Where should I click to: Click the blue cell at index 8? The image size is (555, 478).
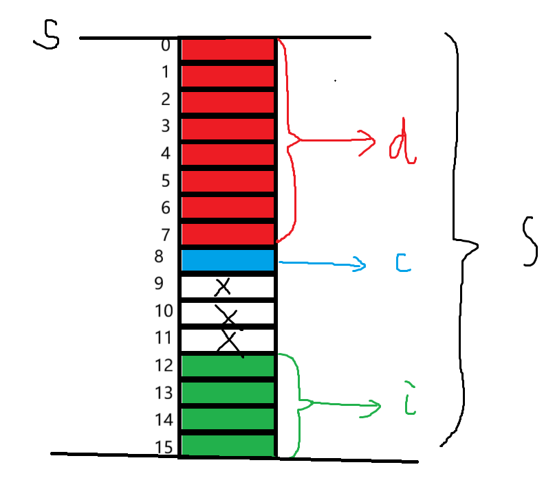228,260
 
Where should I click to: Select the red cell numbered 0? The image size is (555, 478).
228,49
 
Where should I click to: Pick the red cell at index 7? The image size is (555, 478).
228,234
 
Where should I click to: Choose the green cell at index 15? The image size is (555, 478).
228,445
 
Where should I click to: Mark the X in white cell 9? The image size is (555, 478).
221,286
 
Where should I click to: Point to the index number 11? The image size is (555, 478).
164,339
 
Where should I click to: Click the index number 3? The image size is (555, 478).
165,126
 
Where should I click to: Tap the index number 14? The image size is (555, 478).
164,419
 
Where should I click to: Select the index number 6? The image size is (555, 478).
165,207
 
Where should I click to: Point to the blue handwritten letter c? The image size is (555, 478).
404,263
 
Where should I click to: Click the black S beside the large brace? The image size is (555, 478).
528,240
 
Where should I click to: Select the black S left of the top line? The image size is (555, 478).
46,36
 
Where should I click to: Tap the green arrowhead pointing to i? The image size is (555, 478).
376,407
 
